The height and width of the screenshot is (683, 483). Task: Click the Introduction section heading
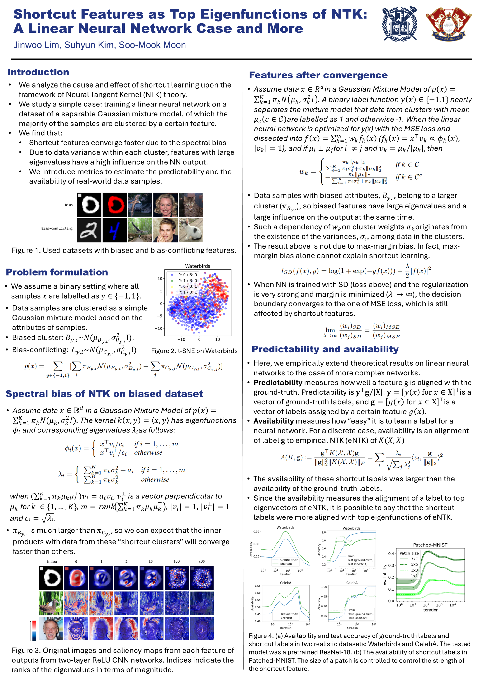point(38,72)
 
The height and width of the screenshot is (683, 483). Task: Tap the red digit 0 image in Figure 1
point(115,205)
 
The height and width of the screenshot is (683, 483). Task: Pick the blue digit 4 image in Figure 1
point(115,230)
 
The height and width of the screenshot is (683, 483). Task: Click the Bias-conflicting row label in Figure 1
point(57,228)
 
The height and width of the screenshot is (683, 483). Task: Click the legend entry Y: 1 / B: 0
point(188,281)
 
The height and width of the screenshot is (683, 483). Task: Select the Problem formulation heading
point(57,272)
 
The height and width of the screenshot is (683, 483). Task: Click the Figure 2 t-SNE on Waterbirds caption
point(194,351)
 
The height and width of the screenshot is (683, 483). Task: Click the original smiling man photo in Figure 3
point(51,628)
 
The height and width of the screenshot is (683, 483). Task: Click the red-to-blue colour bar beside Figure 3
point(34,630)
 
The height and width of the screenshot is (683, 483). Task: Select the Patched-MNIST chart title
point(430,545)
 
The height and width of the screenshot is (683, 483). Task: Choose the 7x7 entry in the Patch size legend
point(414,559)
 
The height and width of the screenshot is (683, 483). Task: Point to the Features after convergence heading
point(318,75)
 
